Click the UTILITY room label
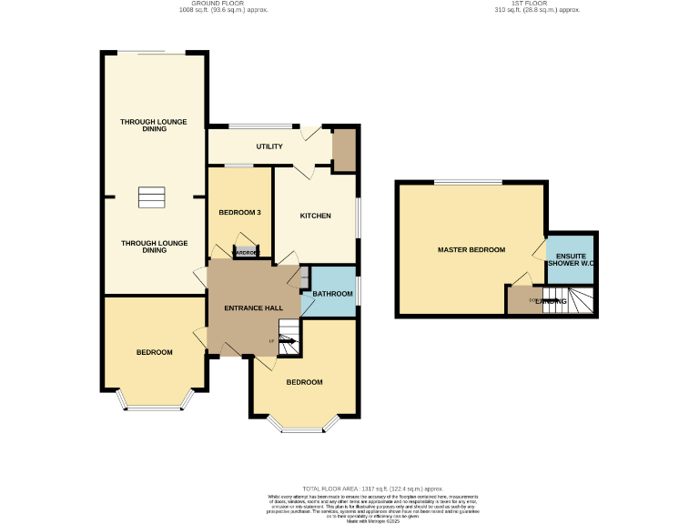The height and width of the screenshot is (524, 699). click(x=269, y=146)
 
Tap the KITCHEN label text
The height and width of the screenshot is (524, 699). click(x=316, y=216)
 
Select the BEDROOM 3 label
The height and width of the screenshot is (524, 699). click(x=240, y=213)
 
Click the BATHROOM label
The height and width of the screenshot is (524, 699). click(x=332, y=294)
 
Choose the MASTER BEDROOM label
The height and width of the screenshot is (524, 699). click(x=471, y=249)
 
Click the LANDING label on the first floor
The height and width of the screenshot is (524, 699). click(x=551, y=301)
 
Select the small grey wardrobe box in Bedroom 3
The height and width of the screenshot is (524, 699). click(x=247, y=253)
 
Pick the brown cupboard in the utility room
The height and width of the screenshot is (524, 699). click(x=344, y=150)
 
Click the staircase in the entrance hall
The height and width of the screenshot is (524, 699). click(x=289, y=338)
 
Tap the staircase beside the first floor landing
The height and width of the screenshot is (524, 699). click(x=569, y=301)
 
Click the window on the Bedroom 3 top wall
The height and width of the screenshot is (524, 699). click(x=239, y=166)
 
